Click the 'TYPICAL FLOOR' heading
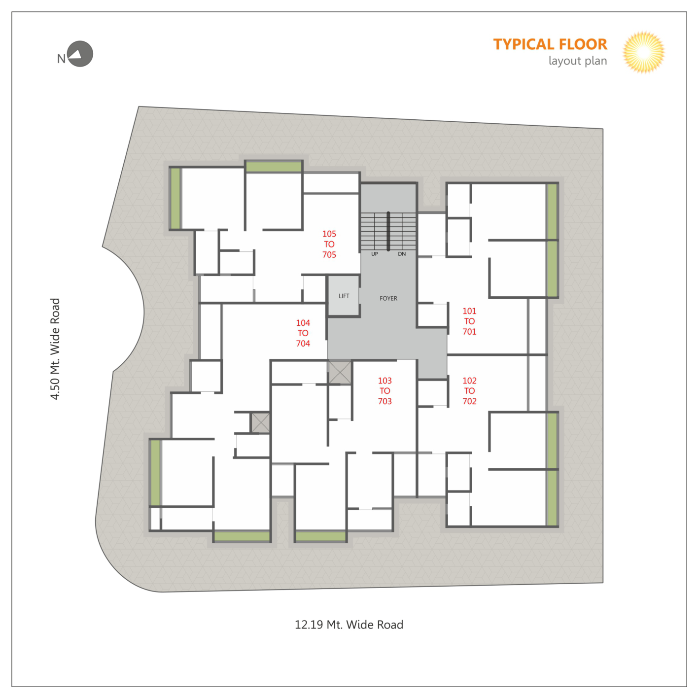(x=550, y=44)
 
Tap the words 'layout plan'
(x=577, y=61)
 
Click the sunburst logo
(x=643, y=52)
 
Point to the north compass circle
(x=80, y=54)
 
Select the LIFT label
(x=344, y=296)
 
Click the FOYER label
(x=388, y=298)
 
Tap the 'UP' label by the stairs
(x=374, y=254)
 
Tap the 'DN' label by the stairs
(x=402, y=254)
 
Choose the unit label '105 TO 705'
(x=329, y=244)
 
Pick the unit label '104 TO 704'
(x=303, y=333)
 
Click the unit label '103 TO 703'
(x=385, y=391)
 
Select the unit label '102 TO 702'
(x=469, y=391)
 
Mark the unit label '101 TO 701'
(x=469, y=321)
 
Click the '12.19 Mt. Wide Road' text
(x=349, y=624)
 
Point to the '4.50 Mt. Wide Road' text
(x=55, y=349)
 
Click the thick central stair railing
(x=388, y=231)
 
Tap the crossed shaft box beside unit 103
(x=340, y=372)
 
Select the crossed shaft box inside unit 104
(x=260, y=422)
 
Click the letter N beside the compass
(x=61, y=59)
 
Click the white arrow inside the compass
(x=76, y=54)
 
